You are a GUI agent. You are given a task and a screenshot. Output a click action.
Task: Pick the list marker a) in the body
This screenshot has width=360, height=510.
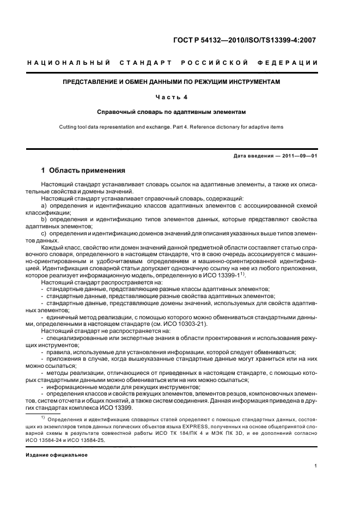click(x=44, y=206)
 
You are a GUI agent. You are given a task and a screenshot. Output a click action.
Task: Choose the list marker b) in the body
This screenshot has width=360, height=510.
click(x=44, y=218)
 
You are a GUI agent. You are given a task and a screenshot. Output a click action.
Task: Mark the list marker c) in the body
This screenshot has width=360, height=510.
click(x=44, y=233)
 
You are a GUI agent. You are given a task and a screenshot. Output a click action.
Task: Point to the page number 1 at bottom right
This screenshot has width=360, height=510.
click(x=315, y=466)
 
